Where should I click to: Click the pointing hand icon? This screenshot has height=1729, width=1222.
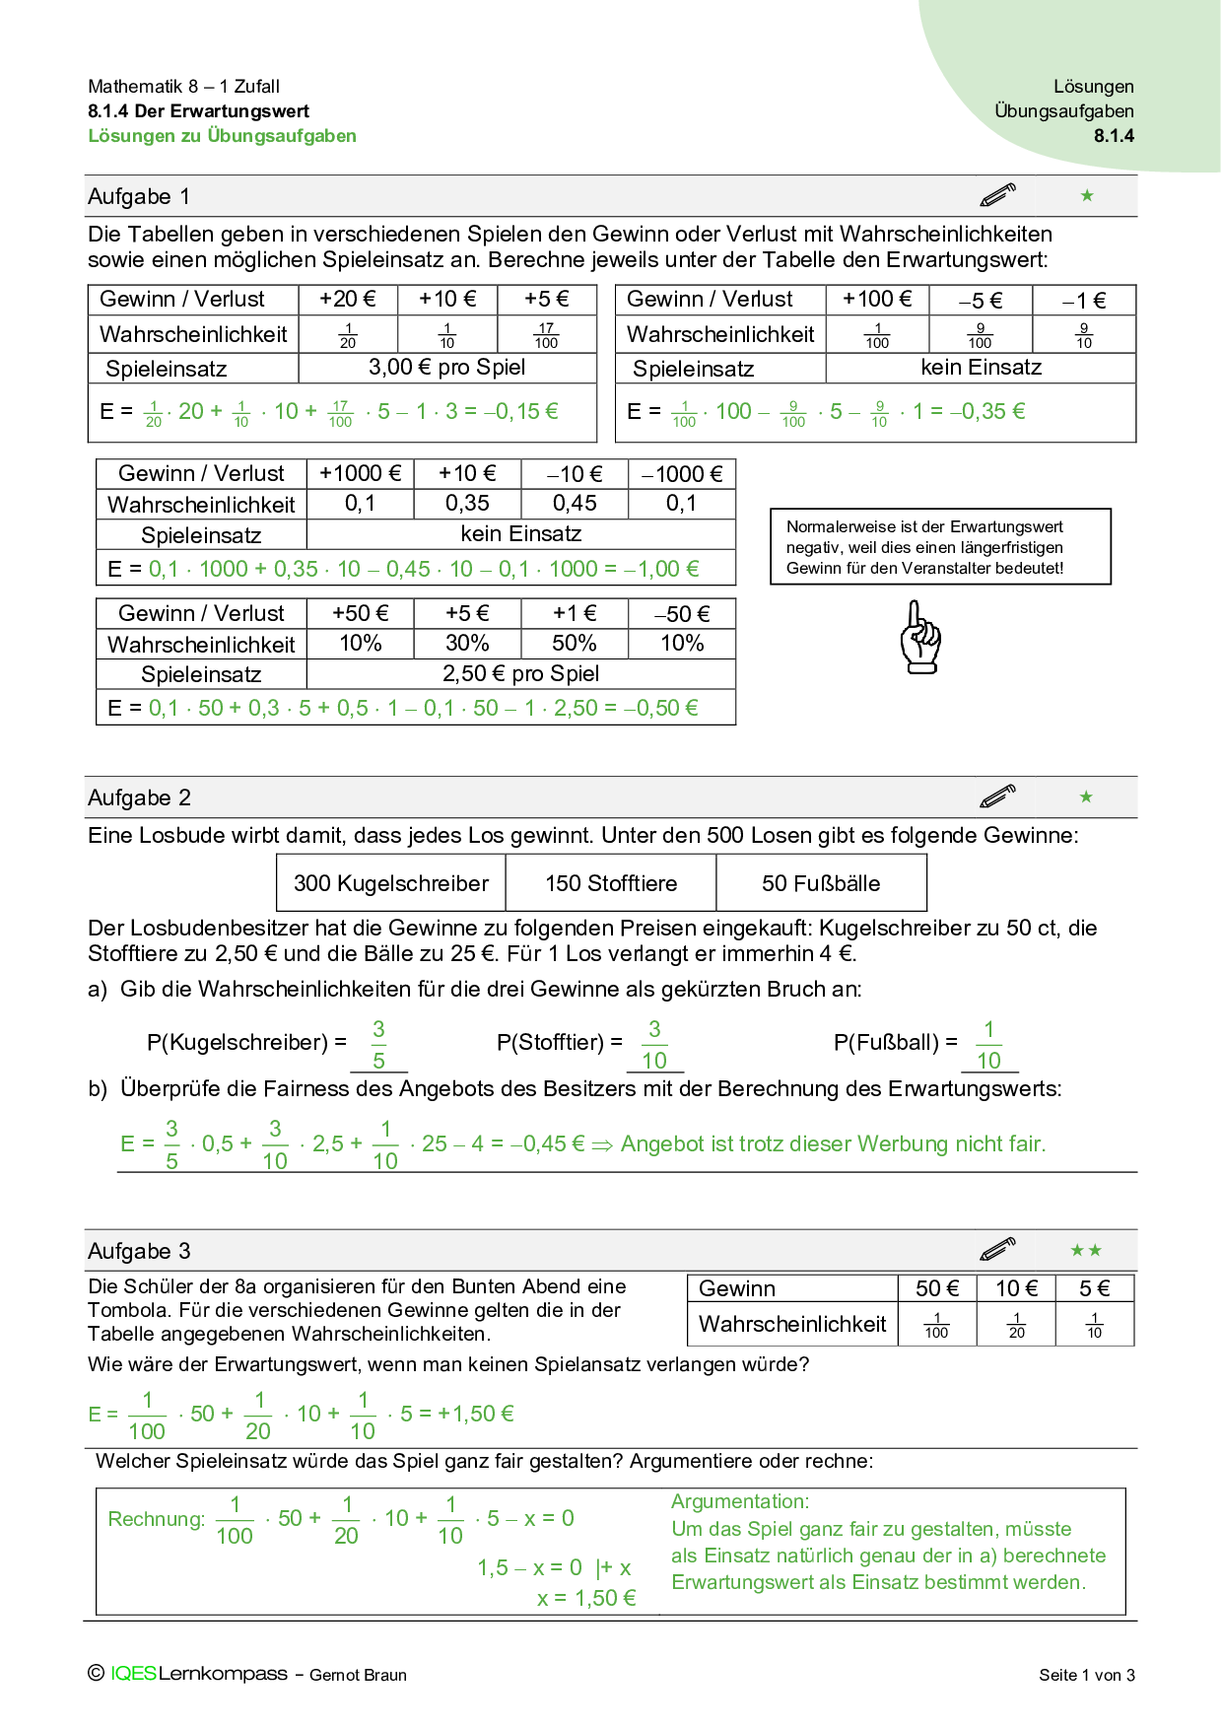[x=920, y=638]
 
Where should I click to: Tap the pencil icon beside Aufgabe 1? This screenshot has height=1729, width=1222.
[x=997, y=195]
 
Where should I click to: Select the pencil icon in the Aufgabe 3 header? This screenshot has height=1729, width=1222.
[x=997, y=1250]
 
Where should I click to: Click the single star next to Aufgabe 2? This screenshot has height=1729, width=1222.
[x=1086, y=796]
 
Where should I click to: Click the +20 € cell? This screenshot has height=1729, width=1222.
[x=347, y=300]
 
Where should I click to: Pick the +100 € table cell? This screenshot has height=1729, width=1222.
[x=877, y=300]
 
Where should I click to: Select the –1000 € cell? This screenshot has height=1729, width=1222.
[x=682, y=474]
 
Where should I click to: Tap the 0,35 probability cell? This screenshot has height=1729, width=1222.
[x=467, y=504]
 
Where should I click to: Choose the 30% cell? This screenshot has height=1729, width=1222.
[x=467, y=644]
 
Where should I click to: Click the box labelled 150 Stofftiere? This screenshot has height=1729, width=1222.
[x=611, y=883]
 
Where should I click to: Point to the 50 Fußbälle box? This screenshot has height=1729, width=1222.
[x=821, y=883]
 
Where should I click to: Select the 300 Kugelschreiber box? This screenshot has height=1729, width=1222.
[x=391, y=883]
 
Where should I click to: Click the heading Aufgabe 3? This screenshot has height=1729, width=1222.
[x=139, y=1251]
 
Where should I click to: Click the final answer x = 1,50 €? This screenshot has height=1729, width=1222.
[x=586, y=1599]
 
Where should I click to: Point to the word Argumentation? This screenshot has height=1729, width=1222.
[x=740, y=1501]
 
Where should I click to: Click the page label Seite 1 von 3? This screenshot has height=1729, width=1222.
[x=1086, y=1675]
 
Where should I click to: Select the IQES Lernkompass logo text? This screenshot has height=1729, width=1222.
[x=198, y=1674]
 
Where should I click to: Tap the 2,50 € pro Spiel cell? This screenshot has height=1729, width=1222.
[x=520, y=674]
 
